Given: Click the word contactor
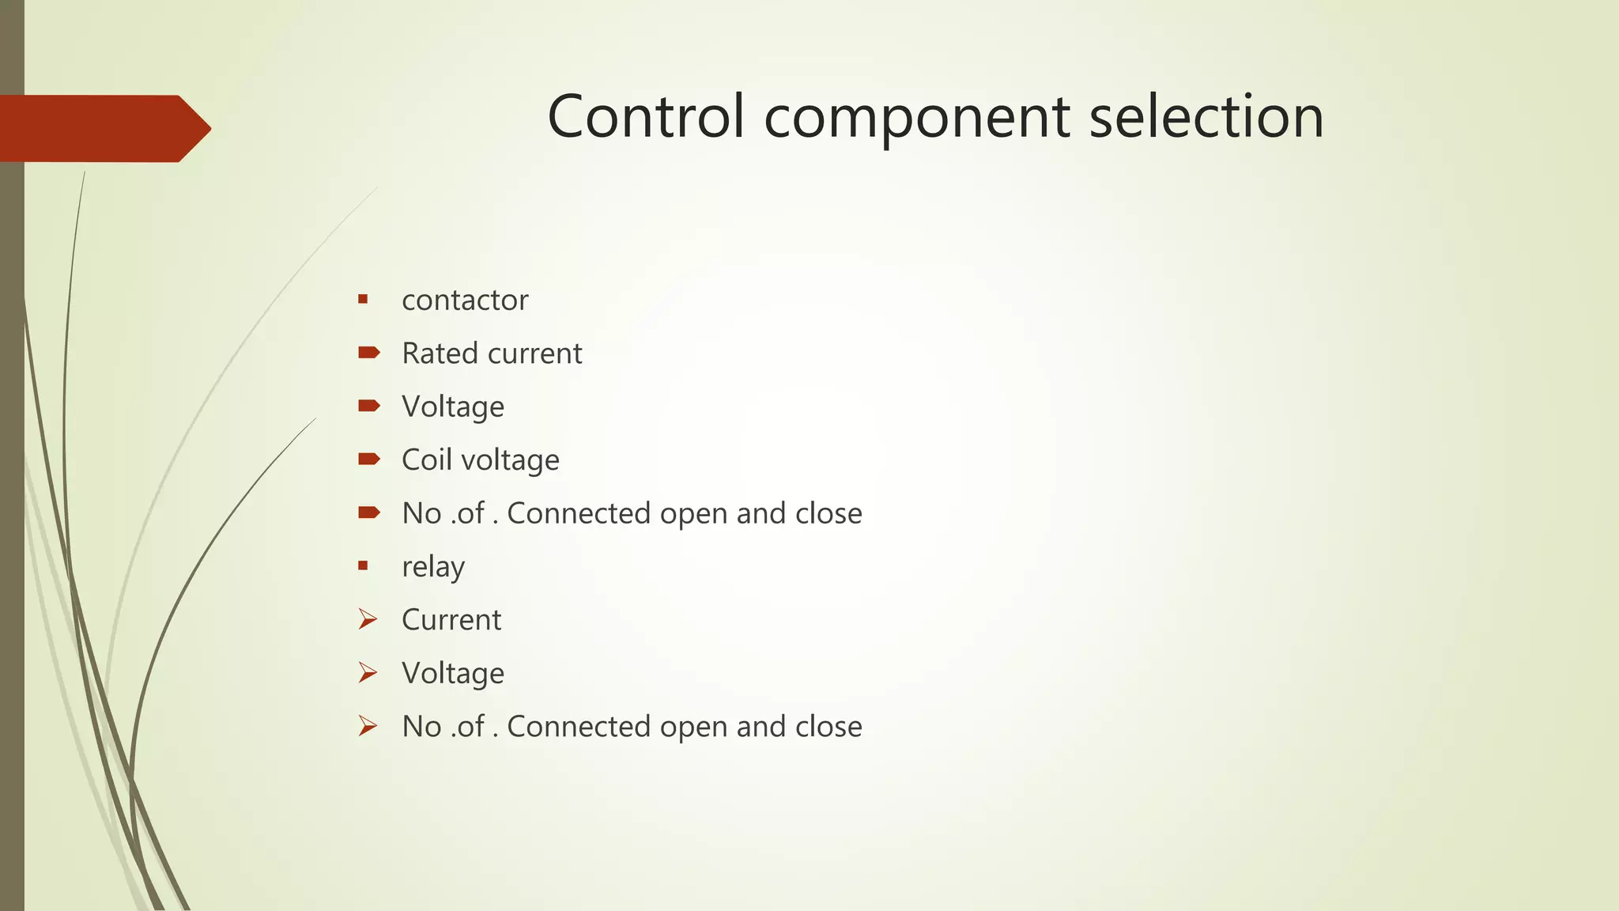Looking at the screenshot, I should click(x=465, y=301).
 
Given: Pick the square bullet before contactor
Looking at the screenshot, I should click(x=363, y=299).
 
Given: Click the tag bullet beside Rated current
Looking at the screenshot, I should click(x=368, y=353).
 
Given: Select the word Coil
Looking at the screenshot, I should click(x=426, y=460).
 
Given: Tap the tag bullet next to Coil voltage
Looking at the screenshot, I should click(x=368, y=459).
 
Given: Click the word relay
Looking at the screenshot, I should click(x=433, y=568).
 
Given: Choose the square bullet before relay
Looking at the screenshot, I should click(x=363, y=565).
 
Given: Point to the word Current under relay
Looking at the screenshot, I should click(x=451, y=620).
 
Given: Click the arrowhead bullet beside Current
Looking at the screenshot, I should click(x=368, y=619).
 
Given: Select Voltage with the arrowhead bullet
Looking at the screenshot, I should click(x=453, y=674).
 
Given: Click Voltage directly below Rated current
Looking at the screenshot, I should click(x=453, y=407).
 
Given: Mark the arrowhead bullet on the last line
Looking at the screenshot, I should click(x=368, y=726).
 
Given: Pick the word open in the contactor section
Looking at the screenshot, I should click(x=693, y=515).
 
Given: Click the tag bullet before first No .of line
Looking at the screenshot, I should click(x=368, y=512).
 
